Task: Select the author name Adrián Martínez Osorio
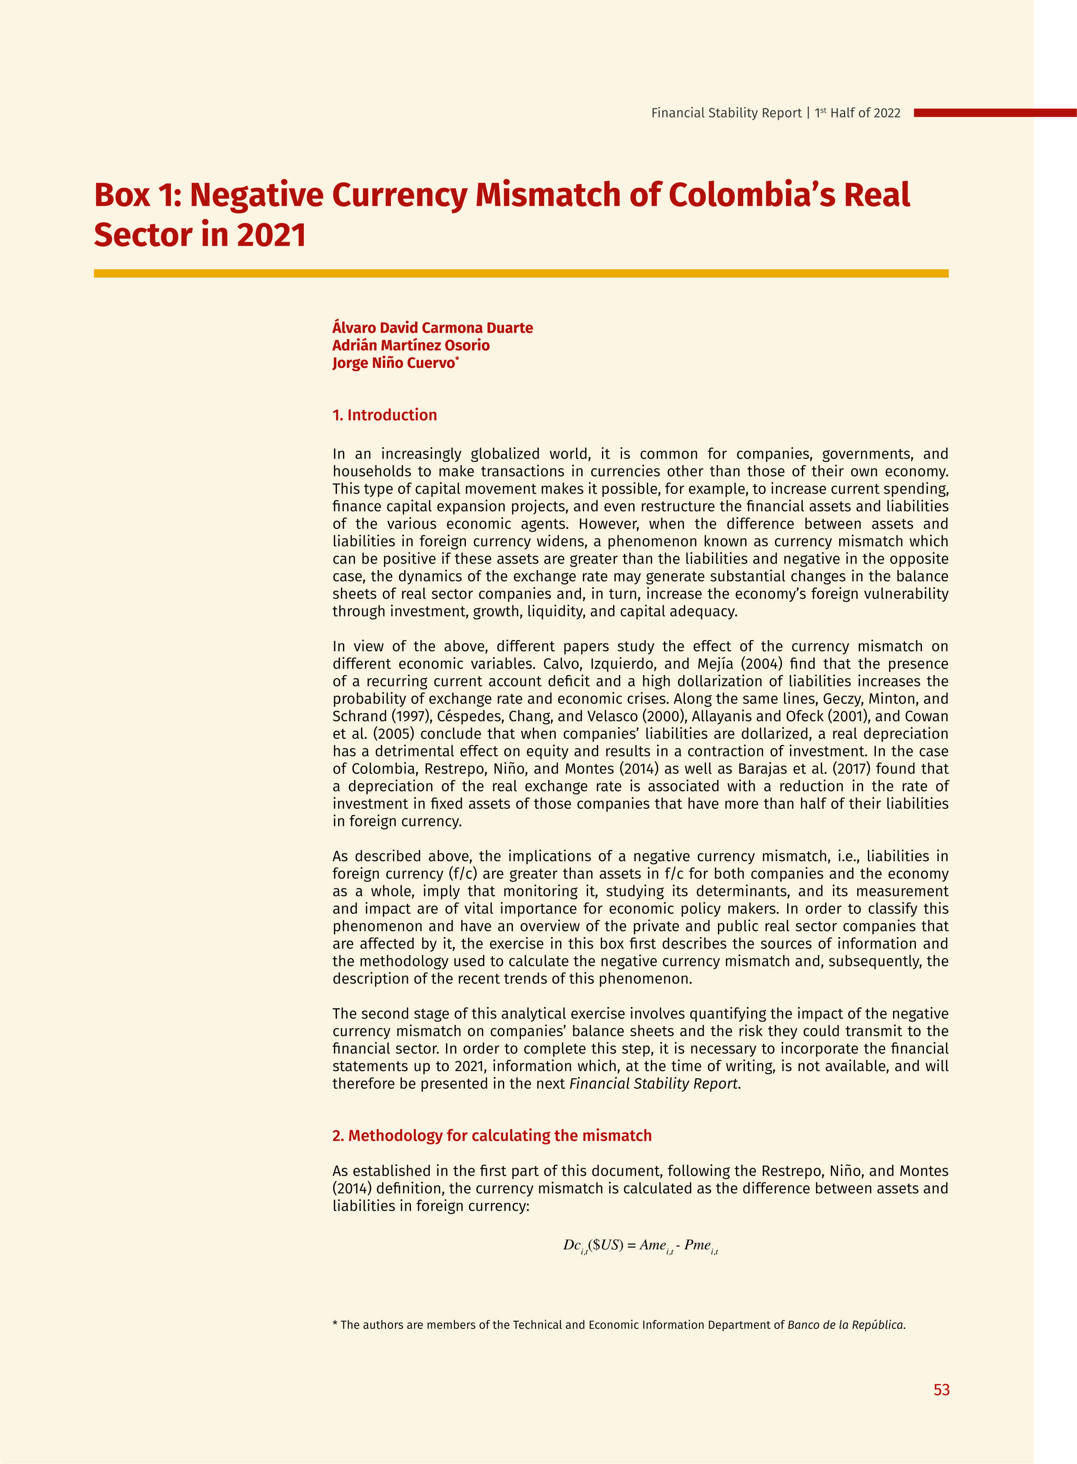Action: pyautogui.click(x=411, y=345)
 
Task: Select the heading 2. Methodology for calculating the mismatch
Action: pyautogui.click(x=492, y=1135)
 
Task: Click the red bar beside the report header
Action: pyautogui.click(x=994, y=113)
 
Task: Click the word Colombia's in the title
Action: pyautogui.click(x=752, y=195)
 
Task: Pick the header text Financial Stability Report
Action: pyautogui.click(x=726, y=113)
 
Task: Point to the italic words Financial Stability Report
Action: pyautogui.click(x=654, y=1083)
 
